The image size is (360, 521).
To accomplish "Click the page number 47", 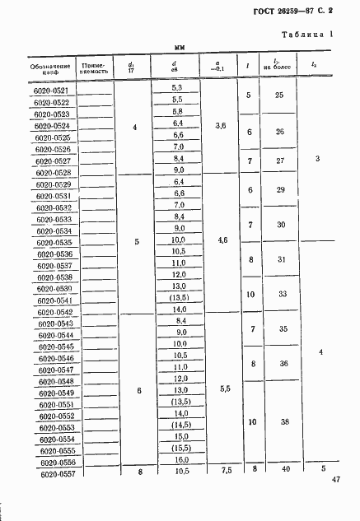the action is pyautogui.click(x=336, y=480).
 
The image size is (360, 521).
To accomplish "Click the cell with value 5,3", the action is pyautogui.click(x=176, y=87).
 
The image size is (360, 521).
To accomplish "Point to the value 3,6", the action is pyautogui.click(x=219, y=127).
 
